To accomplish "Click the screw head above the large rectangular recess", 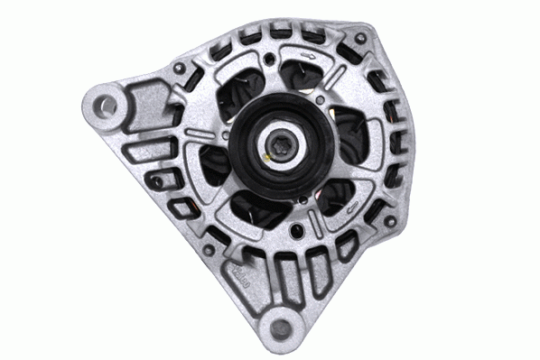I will [x=181, y=69].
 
